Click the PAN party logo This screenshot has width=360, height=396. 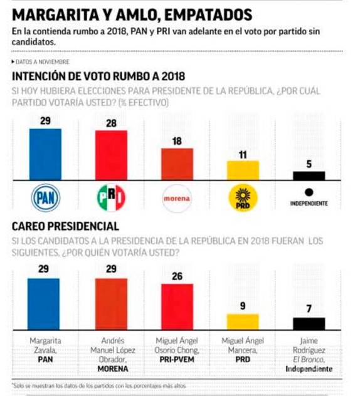click(45, 198)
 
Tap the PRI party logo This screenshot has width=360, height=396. click(110, 198)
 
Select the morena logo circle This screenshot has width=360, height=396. click(177, 198)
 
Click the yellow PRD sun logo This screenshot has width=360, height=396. click(243, 198)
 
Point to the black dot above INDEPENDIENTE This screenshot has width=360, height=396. click(309, 193)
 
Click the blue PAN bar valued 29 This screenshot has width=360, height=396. click(45, 155)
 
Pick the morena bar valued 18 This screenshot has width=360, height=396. click(177, 165)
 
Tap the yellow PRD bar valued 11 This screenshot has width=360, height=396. click(243, 171)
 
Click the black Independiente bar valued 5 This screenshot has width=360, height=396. click(309, 176)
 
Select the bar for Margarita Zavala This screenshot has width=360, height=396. click(45, 304)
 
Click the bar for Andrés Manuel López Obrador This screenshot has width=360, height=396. click(110, 304)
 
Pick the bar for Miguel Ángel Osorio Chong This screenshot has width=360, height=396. click(177, 306)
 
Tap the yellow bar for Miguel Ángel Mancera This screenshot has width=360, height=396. click(243, 321)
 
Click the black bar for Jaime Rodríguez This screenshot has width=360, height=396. click(309, 323)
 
